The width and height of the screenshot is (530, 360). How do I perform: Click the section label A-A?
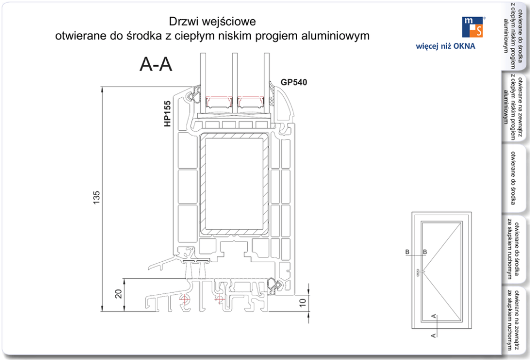click(156, 64)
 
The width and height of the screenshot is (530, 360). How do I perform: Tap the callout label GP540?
click(294, 82)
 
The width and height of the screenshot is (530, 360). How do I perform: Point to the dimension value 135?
click(97, 198)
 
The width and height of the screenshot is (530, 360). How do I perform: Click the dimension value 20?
click(119, 293)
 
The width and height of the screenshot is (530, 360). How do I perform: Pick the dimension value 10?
click(303, 303)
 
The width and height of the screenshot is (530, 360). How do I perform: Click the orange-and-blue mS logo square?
click(473, 27)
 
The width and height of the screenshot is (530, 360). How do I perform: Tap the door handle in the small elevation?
click(417, 270)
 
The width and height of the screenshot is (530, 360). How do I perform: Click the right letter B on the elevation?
click(425, 252)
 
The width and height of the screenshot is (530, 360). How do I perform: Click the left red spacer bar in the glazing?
click(219, 100)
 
